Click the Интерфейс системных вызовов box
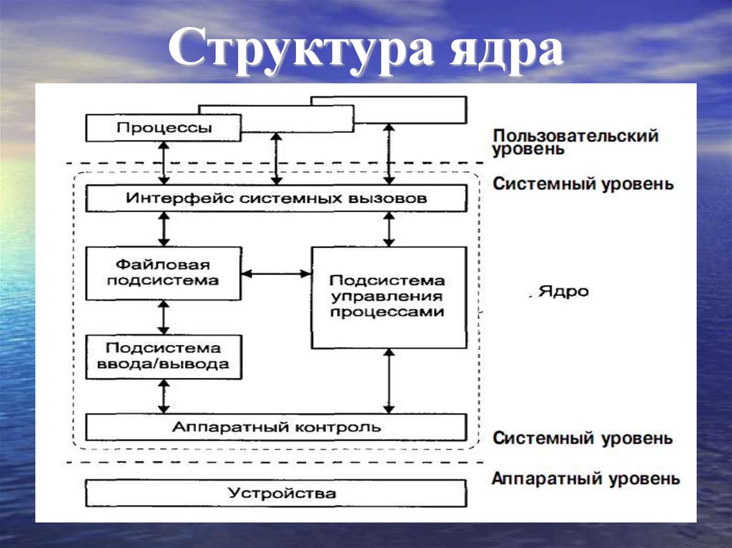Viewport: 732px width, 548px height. pos(276,198)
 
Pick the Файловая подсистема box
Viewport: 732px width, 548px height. pos(163,273)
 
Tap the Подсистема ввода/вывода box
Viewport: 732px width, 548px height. pos(163,356)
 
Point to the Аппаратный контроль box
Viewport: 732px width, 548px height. pos(276,427)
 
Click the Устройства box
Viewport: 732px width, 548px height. pos(276,493)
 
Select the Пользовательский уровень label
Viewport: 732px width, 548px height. pos(575,142)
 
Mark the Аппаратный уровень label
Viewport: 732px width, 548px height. pos(585,478)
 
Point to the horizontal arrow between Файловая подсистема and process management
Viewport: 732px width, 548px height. pos(276,273)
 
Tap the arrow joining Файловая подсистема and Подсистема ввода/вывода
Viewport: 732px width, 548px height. pos(164,317)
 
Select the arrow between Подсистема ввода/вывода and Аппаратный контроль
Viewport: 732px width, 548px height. pos(164,396)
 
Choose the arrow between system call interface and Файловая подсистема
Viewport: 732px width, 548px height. pos(164,229)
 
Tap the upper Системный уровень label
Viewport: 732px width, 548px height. pos(583,184)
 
